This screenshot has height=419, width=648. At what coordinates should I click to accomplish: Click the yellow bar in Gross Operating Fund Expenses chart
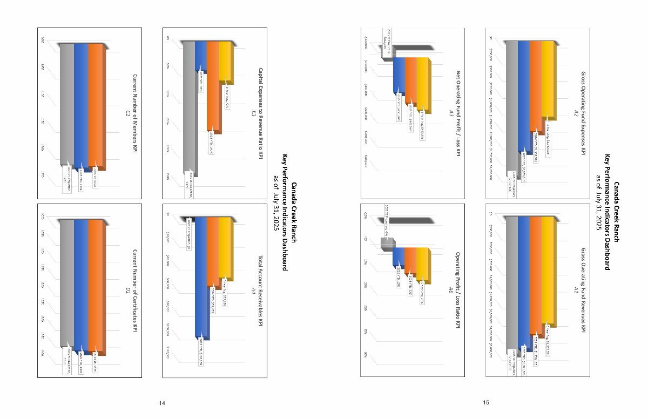547,81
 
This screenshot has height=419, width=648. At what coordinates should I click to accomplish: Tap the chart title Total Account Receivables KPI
260,291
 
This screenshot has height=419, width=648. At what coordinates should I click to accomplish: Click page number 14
161,403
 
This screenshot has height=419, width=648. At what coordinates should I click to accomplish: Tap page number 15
486,403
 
